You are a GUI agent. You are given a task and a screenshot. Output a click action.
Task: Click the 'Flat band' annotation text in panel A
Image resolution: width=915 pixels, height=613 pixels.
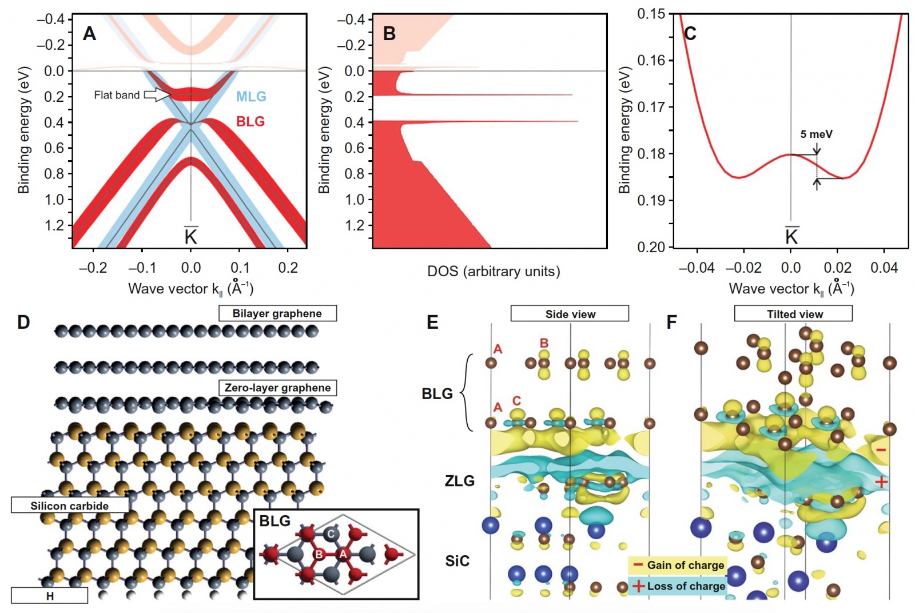pyautogui.click(x=117, y=95)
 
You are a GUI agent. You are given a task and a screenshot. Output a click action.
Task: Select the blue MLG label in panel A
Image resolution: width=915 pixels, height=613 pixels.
pyautogui.click(x=251, y=97)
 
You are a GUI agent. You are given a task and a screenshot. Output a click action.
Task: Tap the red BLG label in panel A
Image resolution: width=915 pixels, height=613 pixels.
pyautogui.click(x=250, y=121)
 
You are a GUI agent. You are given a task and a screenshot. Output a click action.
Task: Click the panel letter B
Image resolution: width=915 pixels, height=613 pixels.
pyautogui.click(x=389, y=34)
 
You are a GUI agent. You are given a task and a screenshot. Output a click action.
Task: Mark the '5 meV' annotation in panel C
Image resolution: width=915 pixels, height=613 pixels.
pyautogui.click(x=816, y=134)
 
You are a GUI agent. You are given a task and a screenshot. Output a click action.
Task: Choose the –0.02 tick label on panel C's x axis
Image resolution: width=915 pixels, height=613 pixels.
pyautogui.click(x=743, y=268)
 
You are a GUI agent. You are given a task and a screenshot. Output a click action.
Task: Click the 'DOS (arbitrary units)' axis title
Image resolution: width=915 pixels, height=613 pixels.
pyautogui.click(x=494, y=271)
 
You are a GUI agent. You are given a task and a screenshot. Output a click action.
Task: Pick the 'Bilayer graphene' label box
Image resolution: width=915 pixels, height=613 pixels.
pyautogui.click(x=277, y=313)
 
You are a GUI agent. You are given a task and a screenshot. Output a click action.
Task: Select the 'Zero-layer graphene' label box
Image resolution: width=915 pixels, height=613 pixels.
pyautogui.click(x=277, y=388)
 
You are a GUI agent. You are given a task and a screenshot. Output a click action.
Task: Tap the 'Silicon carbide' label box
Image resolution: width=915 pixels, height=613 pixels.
pyautogui.click(x=70, y=505)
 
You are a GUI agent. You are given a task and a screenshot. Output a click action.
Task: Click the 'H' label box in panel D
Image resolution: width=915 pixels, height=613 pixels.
pyautogui.click(x=50, y=596)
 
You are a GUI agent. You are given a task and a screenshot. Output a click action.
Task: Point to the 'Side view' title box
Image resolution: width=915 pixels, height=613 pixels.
pyautogui.click(x=570, y=314)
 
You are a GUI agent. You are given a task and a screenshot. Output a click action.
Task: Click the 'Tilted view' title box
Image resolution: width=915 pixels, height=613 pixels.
pyautogui.click(x=794, y=314)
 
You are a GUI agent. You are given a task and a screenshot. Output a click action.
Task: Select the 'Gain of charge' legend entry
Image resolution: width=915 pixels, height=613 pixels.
pyautogui.click(x=678, y=566)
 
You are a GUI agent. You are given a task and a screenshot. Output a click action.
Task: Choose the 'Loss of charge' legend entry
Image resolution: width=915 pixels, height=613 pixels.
pyautogui.click(x=678, y=586)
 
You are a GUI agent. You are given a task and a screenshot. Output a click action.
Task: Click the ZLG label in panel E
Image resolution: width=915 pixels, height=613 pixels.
pyautogui.click(x=460, y=481)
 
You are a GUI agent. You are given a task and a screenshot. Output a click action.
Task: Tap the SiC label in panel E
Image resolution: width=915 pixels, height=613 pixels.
pyautogui.click(x=457, y=561)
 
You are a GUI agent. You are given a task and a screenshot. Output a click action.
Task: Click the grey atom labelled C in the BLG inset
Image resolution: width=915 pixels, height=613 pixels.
pyautogui.click(x=331, y=535)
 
